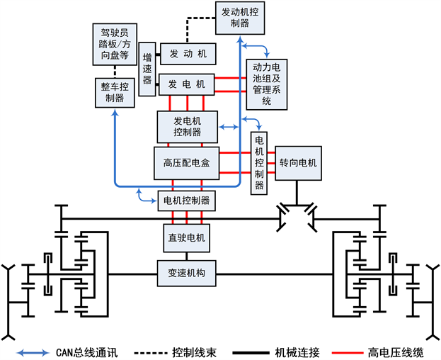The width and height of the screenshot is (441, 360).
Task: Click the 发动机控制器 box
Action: [241, 17]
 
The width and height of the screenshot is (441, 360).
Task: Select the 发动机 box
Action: [188, 53]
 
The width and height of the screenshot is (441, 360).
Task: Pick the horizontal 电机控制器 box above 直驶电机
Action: [186, 200]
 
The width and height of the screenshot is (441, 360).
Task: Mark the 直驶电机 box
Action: [186, 237]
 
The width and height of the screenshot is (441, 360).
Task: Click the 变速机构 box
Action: [186, 273]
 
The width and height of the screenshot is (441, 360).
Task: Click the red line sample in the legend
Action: [348, 351]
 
